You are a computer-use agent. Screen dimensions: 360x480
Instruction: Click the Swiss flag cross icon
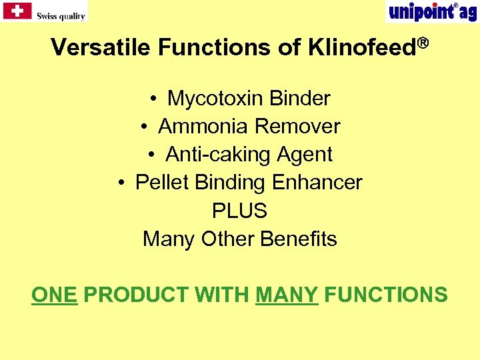(x=17, y=11)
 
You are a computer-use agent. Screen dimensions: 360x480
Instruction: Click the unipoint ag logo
(x=431, y=12)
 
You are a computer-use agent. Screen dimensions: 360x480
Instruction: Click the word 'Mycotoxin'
(x=215, y=99)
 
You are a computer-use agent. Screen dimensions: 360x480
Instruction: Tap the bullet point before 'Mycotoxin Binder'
(x=153, y=99)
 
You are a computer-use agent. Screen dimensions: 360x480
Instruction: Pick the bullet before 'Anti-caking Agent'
(x=152, y=155)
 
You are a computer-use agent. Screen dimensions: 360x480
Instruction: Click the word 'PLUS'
(x=239, y=211)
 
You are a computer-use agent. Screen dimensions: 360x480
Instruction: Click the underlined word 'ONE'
(x=54, y=295)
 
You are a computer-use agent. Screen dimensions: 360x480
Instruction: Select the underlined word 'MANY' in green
(x=287, y=295)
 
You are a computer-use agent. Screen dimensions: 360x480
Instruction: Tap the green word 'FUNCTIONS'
(x=386, y=295)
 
